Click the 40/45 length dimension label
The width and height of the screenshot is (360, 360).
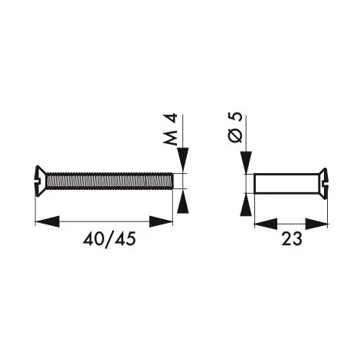pos(110,239)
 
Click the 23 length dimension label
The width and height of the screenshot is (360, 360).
pos(292,239)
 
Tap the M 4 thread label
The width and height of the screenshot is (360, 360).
pos(170,129)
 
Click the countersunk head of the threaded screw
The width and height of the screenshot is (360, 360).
pos(41,181)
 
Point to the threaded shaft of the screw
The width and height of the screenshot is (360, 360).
pos(110,181)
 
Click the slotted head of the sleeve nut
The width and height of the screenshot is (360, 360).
pos(323,184)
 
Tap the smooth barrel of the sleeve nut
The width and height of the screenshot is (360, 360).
pos(286,184)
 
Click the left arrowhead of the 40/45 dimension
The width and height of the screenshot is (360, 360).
pos(47,221)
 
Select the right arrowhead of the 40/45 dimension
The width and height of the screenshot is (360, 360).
pos(161,221)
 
